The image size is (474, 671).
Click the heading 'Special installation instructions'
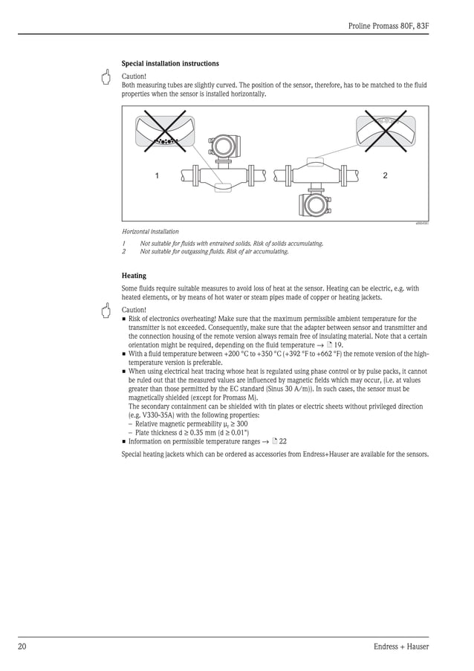170,64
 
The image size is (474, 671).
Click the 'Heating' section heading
134,276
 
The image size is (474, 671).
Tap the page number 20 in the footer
23,646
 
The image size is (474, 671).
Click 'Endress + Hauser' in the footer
401,646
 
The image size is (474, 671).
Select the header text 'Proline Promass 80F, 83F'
389,26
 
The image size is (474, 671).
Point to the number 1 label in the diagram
157,176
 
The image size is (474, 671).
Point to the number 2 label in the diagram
384,176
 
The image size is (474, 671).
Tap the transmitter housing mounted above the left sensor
222,146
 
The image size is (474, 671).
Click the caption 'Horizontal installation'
150,232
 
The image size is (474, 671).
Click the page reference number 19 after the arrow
337,346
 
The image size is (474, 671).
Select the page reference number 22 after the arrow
282,441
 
